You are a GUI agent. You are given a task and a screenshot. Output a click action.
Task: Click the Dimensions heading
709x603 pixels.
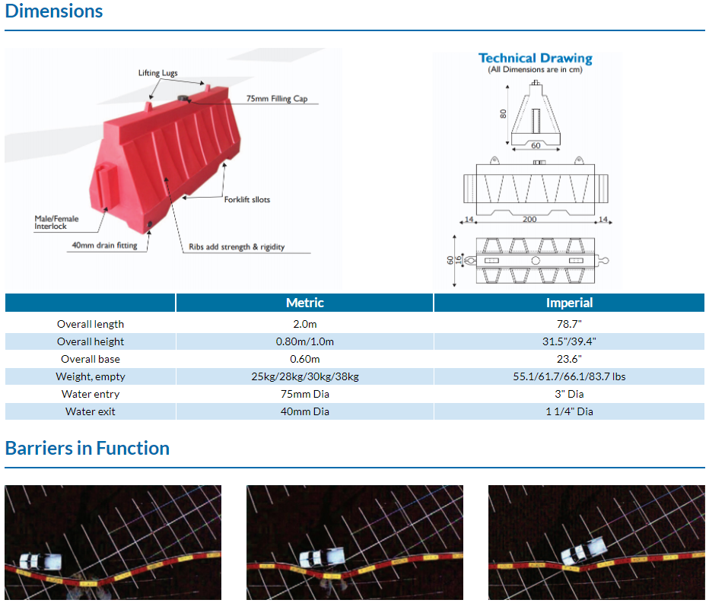pyautogui.click(x=54, y=11)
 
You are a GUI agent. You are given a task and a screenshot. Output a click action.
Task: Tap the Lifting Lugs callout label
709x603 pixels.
pyautogui.click(x=157, y=73)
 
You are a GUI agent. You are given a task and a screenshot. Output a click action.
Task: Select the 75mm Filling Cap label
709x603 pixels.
pyautogui.click(x=277, y=99)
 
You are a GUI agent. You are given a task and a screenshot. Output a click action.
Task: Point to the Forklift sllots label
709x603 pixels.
pyautogui.click(x=247, y=199)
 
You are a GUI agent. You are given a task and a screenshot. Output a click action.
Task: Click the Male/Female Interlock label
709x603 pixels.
pyautogui.click(x=56, y=222)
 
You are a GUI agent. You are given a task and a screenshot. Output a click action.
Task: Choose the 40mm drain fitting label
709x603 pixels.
pyautogui.click(x=104, y=245)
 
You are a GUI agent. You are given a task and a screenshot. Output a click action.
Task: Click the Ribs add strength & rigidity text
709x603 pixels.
pyautogui.click(x=237, y=247)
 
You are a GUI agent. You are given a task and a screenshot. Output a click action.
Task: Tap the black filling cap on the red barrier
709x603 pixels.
pyautogui.click(x=183, y=98)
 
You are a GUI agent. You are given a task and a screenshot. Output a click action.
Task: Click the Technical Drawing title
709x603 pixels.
pyautogui.click(x=536, y=58)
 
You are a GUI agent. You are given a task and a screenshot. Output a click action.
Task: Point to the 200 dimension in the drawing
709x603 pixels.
pyautogui.click(x=529, y=219)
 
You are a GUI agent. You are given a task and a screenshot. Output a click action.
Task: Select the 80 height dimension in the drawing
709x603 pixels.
pyautogui.click(x=504, y=114)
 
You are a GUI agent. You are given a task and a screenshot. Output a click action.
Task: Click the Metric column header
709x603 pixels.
pyautogui.click(x=305, y=303)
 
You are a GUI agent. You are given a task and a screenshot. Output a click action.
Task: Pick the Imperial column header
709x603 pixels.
pyautogui.click(x=569, y=303)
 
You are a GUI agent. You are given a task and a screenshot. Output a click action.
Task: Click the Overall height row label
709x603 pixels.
pyautogui.click(x=91, y=341)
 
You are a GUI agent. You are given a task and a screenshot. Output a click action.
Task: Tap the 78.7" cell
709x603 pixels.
pyautogui.click(x=569, y=324)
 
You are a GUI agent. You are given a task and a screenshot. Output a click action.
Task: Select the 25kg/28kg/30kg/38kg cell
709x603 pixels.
pyautogui.click(x=305, y=376)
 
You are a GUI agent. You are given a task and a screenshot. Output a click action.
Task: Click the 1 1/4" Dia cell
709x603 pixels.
pyautogui.click(x=569, y=411)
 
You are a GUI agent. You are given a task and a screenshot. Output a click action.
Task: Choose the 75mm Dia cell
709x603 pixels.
pyautogui.click(x=305, y=394)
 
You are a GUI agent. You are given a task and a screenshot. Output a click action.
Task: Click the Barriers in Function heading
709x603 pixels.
pyautogui.click(x=87, y=449)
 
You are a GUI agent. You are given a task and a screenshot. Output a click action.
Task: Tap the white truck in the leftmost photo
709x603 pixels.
pyautogui.click(x=40, y=561)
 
